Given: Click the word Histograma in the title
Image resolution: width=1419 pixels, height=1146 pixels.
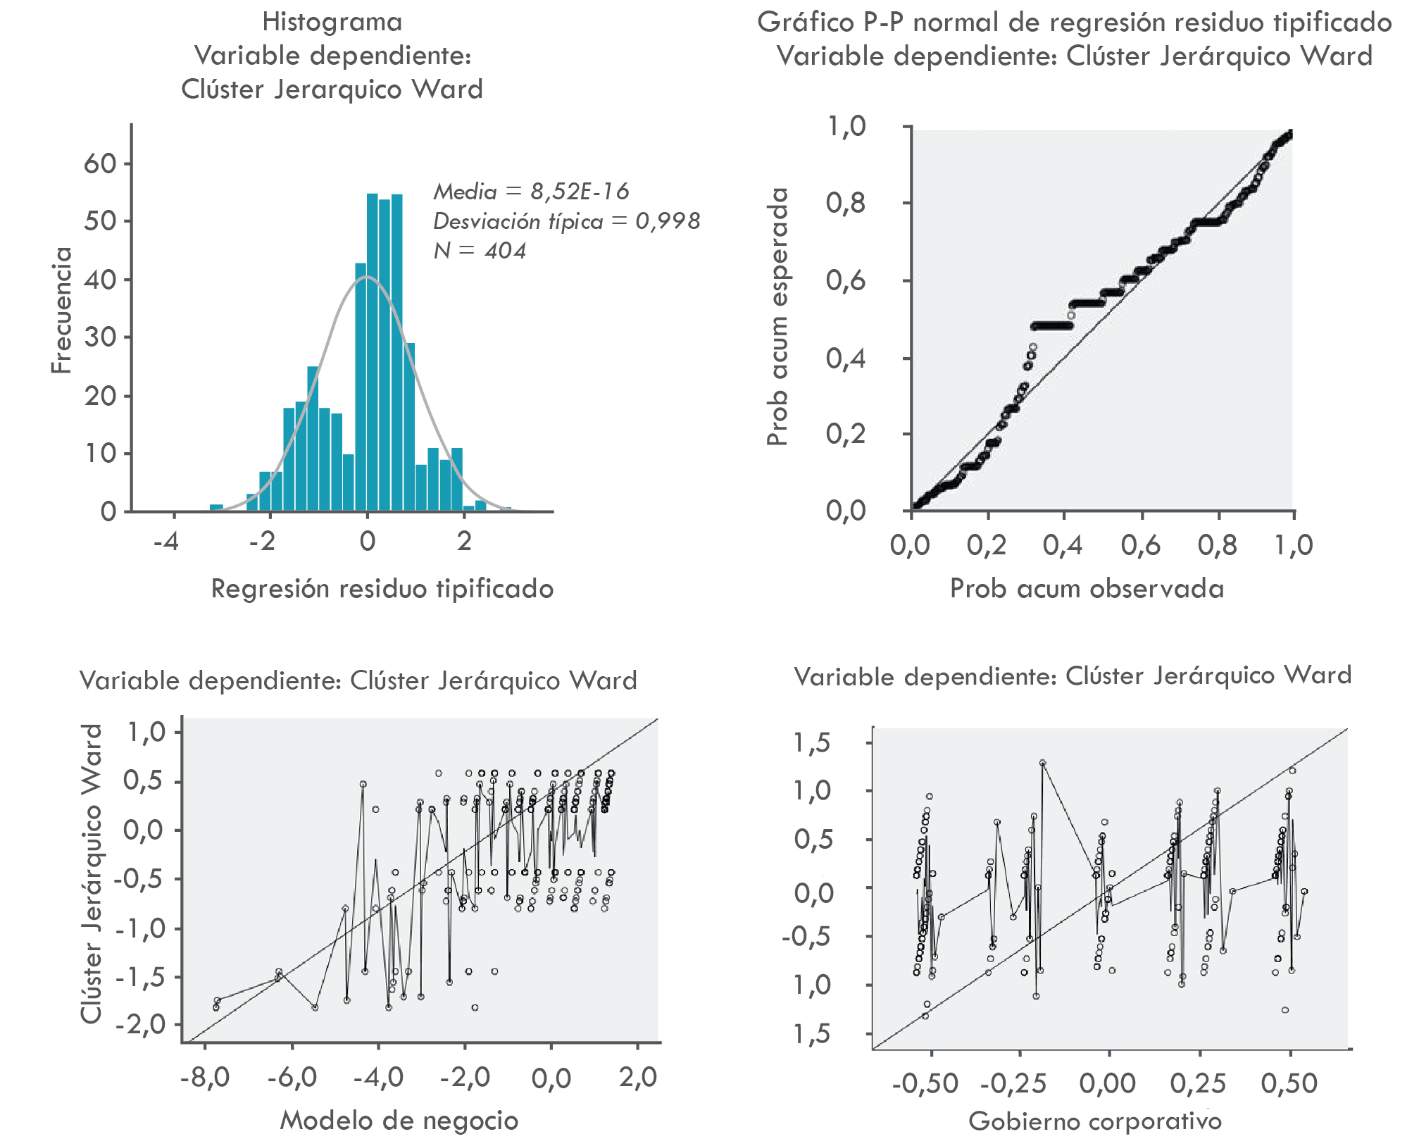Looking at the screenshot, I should (332, 22).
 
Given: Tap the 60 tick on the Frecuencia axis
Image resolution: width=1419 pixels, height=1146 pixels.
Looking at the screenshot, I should (100, 163).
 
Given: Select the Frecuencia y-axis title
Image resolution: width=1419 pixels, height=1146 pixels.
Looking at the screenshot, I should (62, 310).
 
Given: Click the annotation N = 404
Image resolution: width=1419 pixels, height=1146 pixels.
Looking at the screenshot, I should (480, 251).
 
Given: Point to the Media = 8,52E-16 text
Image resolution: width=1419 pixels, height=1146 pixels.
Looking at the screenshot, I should (531, 191).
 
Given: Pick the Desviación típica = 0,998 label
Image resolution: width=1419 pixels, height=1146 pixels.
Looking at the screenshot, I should (566, 221).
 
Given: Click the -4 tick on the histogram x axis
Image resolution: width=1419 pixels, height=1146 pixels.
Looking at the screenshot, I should (166, 541).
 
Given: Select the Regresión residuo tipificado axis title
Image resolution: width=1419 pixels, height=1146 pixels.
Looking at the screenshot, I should (382, 589).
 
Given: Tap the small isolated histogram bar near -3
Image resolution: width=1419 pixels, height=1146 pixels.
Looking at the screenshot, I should (217, 507).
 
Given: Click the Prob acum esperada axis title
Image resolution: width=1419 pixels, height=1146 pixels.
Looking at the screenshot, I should (777, 317).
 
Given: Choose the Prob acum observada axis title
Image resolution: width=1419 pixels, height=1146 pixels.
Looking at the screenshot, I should (1087, 589).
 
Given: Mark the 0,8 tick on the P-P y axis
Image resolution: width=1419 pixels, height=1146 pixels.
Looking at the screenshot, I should (846, 204).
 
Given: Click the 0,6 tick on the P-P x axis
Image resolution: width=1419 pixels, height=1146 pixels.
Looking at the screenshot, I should (1141, 545).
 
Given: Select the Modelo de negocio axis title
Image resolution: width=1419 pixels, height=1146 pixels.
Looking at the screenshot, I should (399, 1120).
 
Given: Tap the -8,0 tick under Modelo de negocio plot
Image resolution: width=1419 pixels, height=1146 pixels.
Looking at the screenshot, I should (205, 1077).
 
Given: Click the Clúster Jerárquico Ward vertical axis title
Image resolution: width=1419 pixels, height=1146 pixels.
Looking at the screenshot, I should (92, 873).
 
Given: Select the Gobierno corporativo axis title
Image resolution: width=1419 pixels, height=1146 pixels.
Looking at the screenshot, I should (1095, 1121).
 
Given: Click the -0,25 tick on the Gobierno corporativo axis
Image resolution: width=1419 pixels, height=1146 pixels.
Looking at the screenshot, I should (1013, 1083).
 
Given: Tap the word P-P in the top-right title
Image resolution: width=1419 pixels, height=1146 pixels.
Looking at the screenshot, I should (884, 23).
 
